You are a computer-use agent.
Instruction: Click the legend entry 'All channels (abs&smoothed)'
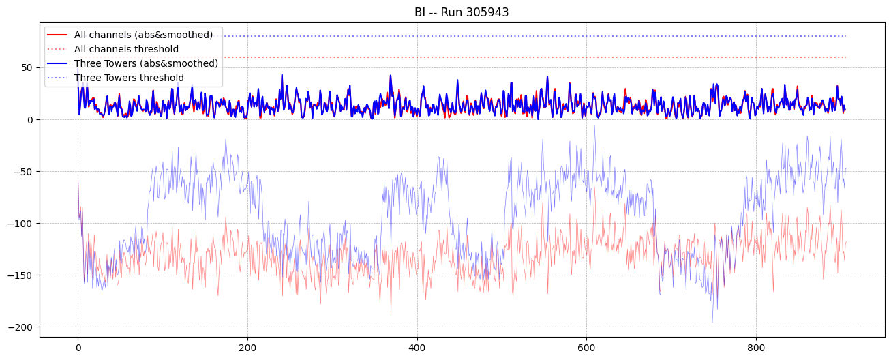coord(143,35)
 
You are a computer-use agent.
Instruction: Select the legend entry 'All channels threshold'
coord(126,49)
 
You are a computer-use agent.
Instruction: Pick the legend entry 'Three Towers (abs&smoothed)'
coord(146,63)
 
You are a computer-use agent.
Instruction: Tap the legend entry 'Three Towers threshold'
coord(129,78)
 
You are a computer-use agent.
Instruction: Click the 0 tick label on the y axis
coord(30,119)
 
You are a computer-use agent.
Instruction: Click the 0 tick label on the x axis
coord(78,348)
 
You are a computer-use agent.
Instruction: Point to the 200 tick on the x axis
coord(247,348)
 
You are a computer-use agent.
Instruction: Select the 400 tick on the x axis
coord(417,348)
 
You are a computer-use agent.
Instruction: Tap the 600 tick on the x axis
coord(586,348)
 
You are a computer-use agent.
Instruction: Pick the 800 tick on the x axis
coord(756,348)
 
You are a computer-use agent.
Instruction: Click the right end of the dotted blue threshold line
coord(845,36)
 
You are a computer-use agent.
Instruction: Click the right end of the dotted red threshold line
coord(845,57)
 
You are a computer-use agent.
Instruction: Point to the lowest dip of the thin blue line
coord(712,322)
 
